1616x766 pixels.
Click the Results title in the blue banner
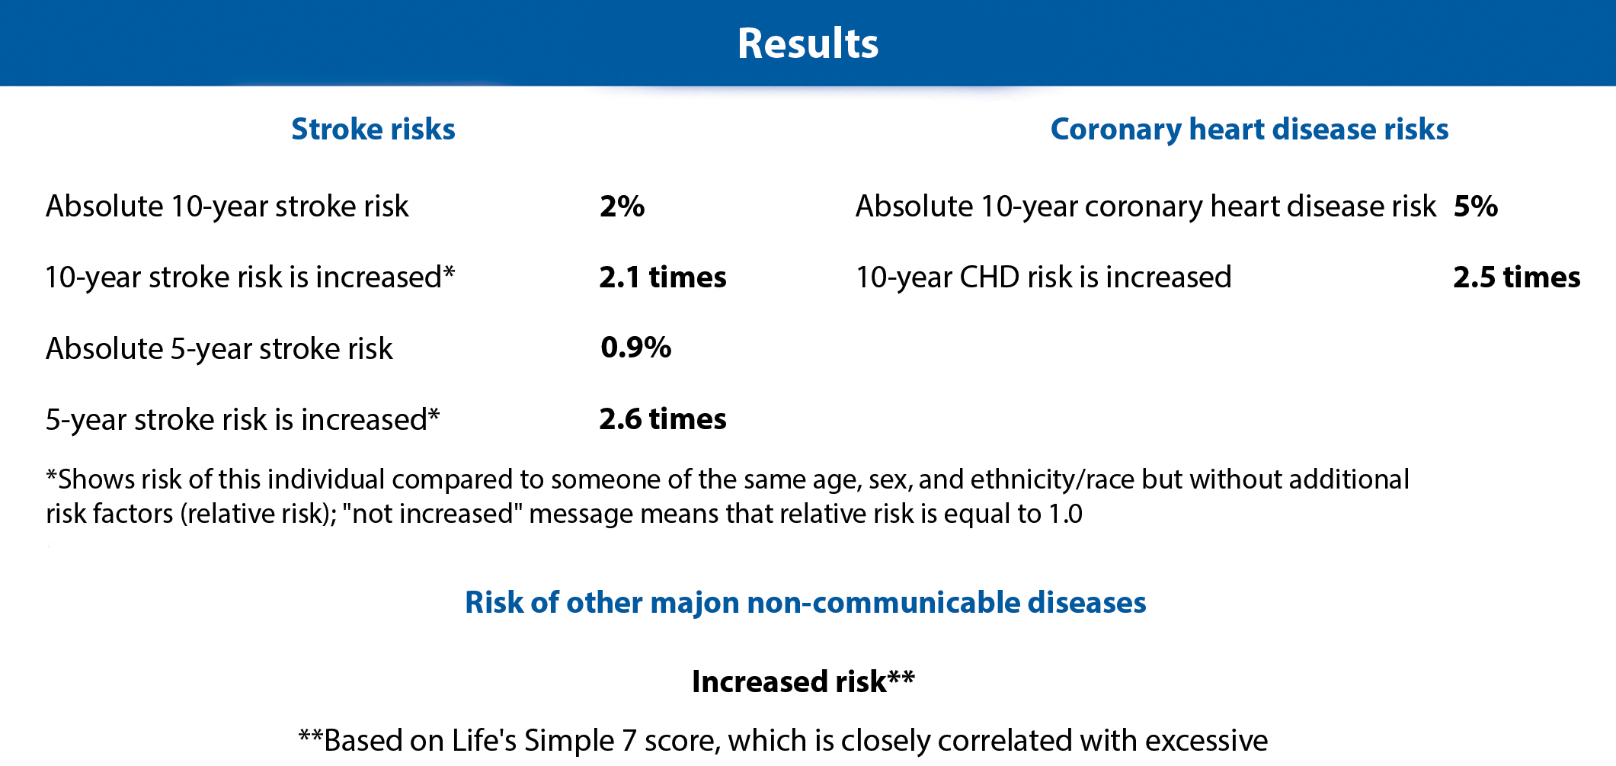tap(808, 43)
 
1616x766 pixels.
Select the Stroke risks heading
tap(373, 129)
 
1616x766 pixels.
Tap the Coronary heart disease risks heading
tap(1250, 130)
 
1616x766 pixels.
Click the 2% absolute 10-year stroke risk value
tap(622, 206)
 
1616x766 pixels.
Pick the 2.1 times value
tap(663, 277)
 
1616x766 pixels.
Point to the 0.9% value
tap(635, 348)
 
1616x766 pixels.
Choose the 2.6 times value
tap(663, 418)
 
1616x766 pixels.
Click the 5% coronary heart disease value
tap(1476, 206)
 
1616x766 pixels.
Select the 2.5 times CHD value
tap(1517, 277)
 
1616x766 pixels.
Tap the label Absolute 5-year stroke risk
tap(219, 349)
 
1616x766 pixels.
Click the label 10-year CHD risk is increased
tap(1044, 277)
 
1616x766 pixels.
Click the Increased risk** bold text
tap(803, 681)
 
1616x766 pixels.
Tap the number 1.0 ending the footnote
tap(1065, 514)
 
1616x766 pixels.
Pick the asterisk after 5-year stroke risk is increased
tap(434, 415)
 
